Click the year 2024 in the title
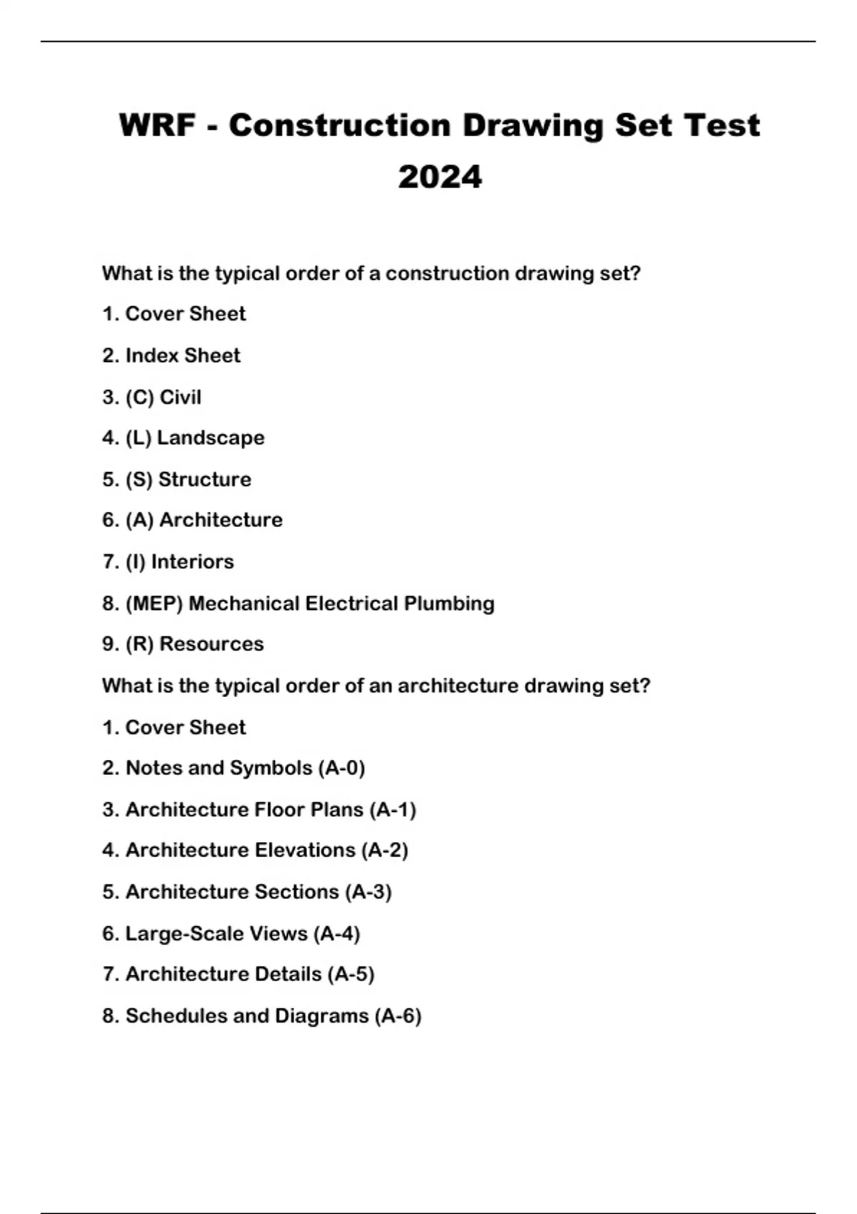point(440,177)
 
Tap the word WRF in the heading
point(157,126)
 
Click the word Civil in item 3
point(180,397)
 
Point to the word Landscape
point(211,438)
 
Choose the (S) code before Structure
point(139,479)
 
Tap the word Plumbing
point(449,603)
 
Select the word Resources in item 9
point(211,644)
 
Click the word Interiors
point(192,562)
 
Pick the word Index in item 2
point(151,356)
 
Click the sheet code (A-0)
point(341,768)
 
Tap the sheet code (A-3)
point(368,892)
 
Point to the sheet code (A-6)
point(398,1016)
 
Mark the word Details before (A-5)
point(288,974)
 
